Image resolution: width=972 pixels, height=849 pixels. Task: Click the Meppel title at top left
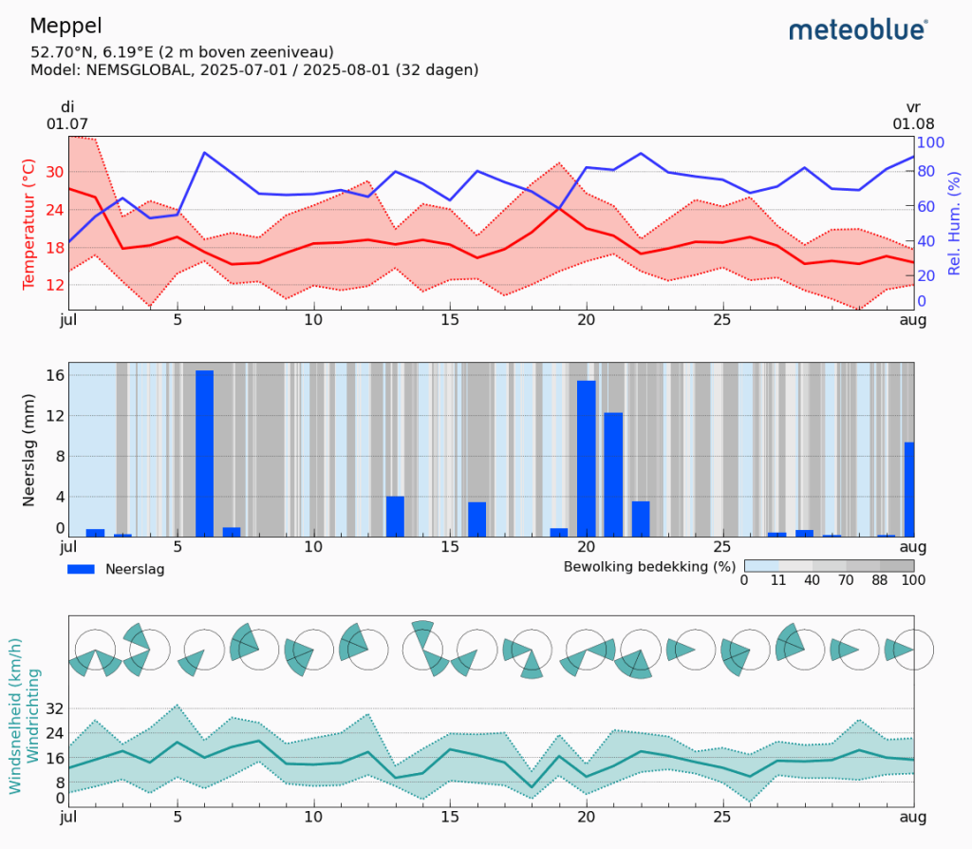pyautogui.click(x=66, y=26)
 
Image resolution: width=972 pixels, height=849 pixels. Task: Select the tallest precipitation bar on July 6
pyautogui.click(x=204, y=453)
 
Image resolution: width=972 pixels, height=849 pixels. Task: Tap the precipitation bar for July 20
pyautogui.click(x=586, y=459)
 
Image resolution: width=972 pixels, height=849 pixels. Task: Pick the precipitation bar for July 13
pyautogui.click(x=395, y=516)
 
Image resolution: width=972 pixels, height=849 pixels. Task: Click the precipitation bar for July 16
pyautogui.click(x=477, y=519)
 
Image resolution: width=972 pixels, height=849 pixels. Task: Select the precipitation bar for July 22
pyautogui.click(x=641, y=519)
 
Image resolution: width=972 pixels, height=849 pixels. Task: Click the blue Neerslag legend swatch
pyautogui.click(x=82, y=569)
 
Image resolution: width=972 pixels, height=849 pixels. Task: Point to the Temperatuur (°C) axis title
pyautogui.click(x=28, y=225)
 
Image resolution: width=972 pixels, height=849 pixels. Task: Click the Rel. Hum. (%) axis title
pyautogui.click(x=954, y=225)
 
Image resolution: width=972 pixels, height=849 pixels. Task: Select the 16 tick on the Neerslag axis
pyautogui.click(x=55, y=375)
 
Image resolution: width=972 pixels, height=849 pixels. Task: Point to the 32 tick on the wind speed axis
pyautogui.click(x=54, y=708)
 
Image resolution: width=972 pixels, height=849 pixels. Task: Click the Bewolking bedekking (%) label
pyautogui.click(x=650, y=567)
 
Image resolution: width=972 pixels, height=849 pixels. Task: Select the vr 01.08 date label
pyautogui.click(x=913, y=115)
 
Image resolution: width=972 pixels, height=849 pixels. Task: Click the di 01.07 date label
pyautogui.click(x=67, y=115)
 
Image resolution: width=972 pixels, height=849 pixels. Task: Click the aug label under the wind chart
pyautogui.click(x=913, y=816)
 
